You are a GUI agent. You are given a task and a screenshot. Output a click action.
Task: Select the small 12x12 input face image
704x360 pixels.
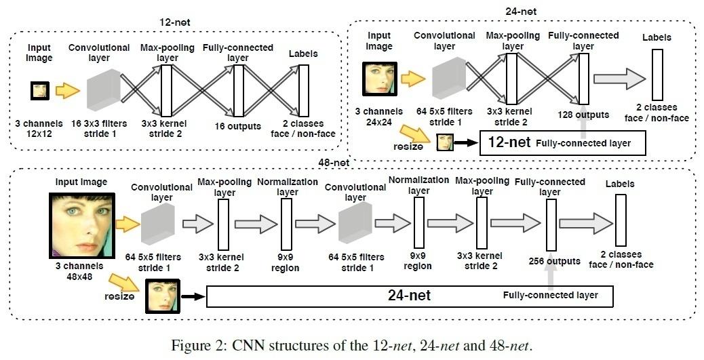[x=39, y=90]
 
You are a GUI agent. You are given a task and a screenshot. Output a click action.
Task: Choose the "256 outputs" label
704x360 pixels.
[x=553, y=261]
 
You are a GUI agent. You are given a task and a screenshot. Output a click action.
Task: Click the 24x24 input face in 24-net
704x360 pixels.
[x=378, y=77]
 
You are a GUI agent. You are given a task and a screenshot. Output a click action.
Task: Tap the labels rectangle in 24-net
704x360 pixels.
[x=657, y=75]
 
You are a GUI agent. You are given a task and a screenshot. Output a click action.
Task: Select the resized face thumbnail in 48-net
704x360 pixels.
[x=160, y=296]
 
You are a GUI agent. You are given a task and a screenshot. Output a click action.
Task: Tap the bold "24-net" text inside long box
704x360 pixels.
[x=409, y=296]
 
